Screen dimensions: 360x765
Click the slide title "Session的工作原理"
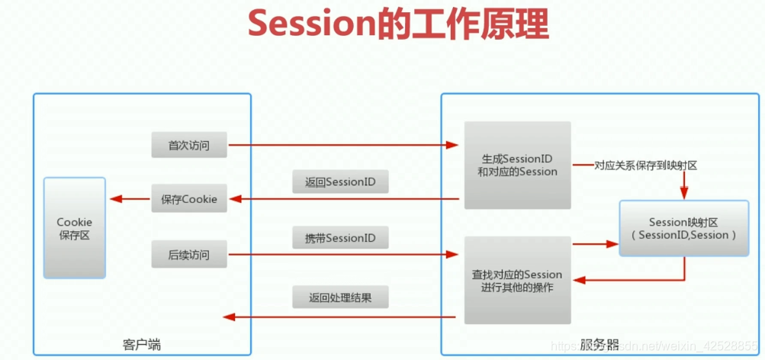398,24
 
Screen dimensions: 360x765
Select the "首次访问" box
189,145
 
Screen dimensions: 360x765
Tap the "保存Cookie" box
189,200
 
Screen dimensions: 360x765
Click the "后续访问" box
189,255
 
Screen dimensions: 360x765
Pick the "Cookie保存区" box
74,228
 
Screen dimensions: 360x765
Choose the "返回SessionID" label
340,183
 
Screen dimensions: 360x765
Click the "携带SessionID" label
340,239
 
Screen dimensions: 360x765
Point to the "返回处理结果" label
340,297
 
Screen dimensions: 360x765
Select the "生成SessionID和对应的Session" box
517,165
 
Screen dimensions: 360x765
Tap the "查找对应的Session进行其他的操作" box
517,280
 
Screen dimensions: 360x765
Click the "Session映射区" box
683,228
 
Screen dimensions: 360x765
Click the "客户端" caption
142,345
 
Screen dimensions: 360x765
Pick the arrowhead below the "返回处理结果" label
227,317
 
